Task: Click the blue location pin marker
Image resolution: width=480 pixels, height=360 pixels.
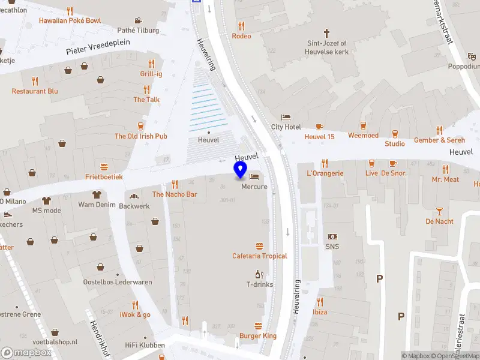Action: pos(241,170)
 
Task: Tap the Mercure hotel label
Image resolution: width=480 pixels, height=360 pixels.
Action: pos(254,187)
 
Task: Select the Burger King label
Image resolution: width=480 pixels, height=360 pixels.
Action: pos(258,336)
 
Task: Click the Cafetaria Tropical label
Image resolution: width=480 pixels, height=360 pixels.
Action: pos(260,256)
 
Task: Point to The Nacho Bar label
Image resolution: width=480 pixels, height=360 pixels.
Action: pos(175,194)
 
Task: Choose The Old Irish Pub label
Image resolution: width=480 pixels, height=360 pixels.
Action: pos(141,136)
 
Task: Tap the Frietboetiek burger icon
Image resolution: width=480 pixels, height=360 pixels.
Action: pos(104,167)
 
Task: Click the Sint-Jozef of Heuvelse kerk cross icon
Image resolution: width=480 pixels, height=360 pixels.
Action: pos(327,33)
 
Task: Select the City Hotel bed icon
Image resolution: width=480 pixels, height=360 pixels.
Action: pos(286,117)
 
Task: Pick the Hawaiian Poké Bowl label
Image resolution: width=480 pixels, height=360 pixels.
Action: pos(70,20)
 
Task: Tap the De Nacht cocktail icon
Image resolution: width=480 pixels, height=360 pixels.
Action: pos(439,211)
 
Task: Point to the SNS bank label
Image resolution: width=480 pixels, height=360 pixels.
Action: pos(332,246)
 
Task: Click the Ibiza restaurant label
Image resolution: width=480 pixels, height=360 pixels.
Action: pos(320,312)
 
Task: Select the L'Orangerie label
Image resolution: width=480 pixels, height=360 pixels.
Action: pos(325,173)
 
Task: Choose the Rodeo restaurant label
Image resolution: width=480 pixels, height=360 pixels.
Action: pos(241,36)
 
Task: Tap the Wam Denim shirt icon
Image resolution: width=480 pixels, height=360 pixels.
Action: pos(96,194)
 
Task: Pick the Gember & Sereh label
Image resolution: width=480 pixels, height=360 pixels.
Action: pos(439,140)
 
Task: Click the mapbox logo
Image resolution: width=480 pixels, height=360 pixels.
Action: pos(26,353)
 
